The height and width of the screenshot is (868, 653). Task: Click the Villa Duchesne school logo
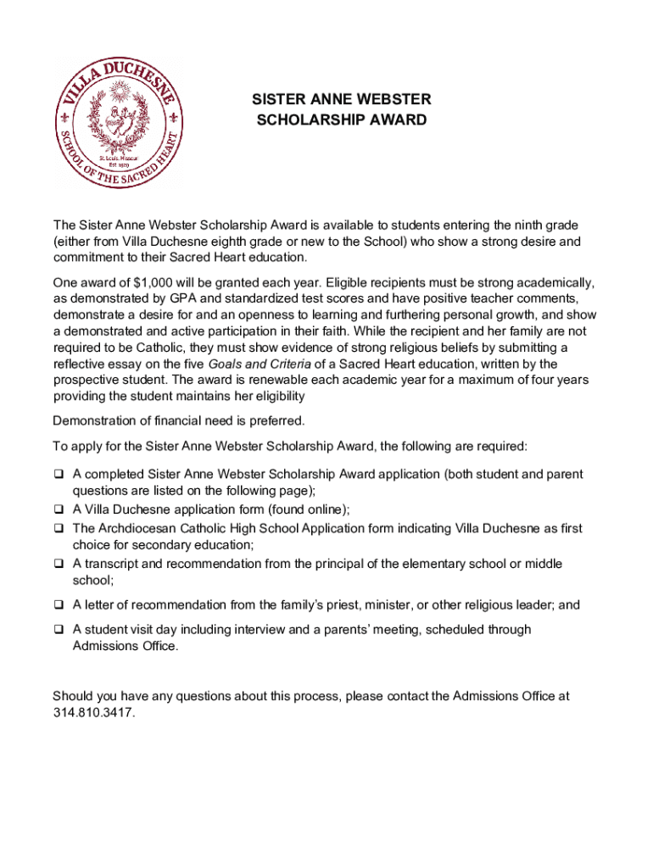pos(117,122)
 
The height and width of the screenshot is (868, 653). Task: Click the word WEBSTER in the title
pos(390,99)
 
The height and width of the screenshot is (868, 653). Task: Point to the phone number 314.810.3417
pos(93,712)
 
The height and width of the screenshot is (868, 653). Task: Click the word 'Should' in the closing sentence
pos(75,696)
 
